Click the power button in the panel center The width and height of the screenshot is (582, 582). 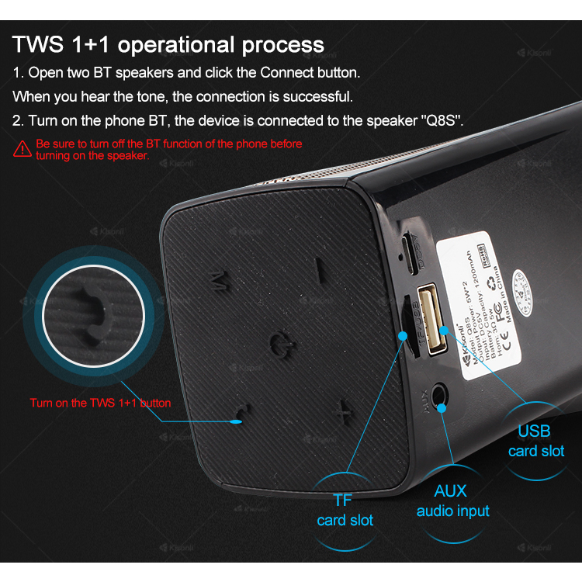281,341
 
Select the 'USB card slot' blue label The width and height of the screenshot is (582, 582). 535,441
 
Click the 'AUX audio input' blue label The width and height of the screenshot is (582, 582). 453,501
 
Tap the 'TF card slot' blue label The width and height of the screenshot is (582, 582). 344,510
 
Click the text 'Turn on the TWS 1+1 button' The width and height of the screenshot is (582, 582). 100,403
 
